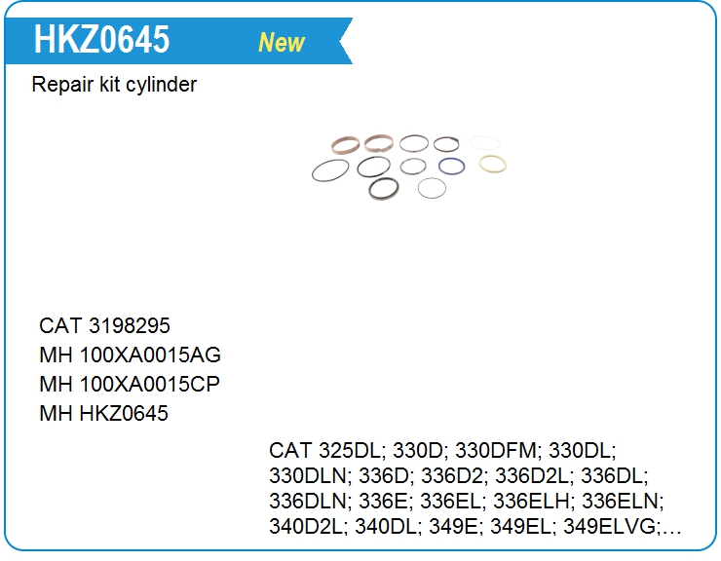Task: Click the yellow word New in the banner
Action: point(282,42)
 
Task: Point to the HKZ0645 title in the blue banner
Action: point(101,39)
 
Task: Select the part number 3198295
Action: point(130,325)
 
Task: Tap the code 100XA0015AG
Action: point(150,355)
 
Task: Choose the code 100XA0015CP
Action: point(149,384)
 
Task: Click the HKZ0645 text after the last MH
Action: point(124,413)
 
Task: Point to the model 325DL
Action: point(350,450)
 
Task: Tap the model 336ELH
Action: point(531,501)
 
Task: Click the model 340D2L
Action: point(305,527)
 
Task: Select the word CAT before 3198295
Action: point(60,325)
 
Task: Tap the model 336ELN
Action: point(622,501)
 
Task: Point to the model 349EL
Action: point(520,527)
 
